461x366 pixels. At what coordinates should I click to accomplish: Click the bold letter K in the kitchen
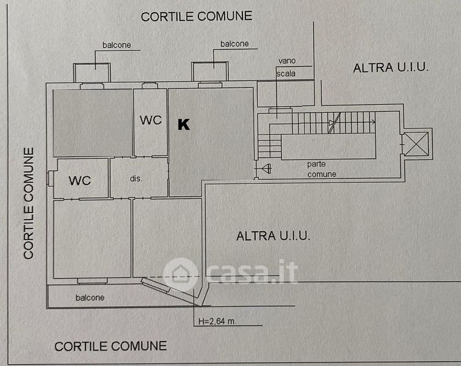point(183,124)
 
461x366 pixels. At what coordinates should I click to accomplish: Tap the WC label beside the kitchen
point(150,120)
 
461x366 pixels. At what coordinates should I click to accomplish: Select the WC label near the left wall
point(80,181)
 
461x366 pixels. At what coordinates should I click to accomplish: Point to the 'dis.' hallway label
point(136,179)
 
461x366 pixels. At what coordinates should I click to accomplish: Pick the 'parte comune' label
point(322,169)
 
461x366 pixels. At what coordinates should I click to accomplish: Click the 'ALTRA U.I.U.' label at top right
point(391,68)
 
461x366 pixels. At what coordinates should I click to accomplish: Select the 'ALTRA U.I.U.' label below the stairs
point(274,235)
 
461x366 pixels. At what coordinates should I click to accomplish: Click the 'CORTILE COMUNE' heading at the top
point(197,16)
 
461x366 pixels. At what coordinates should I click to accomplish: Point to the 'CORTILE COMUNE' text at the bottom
point(111,346)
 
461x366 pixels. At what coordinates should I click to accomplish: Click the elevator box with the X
point(417,145)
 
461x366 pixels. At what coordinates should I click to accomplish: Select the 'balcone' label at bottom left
point(90,298)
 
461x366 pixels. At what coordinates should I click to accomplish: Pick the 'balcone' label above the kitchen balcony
point(234,44)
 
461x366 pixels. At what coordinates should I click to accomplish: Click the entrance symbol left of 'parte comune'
point(266,169)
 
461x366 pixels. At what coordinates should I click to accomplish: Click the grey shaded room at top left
point(93,122)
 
